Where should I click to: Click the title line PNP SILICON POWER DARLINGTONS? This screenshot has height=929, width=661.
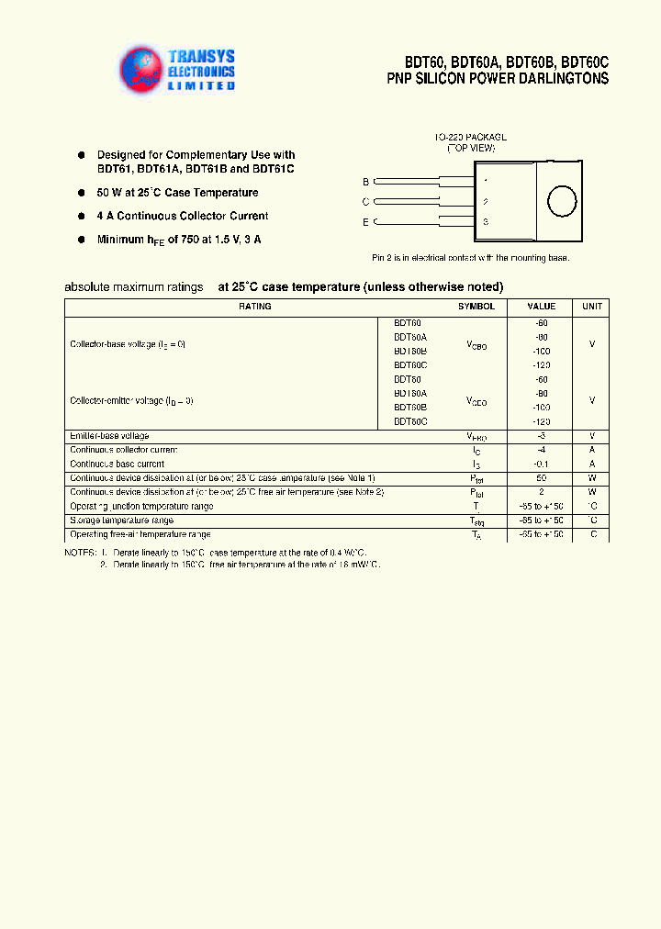[x=497, y=79]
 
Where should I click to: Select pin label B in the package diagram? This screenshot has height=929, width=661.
[x=365, y=182]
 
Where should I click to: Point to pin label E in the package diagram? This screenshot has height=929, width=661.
[x=365, y=222]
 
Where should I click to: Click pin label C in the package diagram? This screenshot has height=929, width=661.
[x=365, y=202]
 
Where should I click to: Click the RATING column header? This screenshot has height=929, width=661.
[x=254, y=307]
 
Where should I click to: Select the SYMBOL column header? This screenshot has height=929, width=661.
[x=476, y=307]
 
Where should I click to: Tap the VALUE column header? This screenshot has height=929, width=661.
[x=541, y=307]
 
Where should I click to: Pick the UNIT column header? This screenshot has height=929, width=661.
[x=592, y=307]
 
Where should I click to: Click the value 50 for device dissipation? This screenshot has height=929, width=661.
[x=541, y=478]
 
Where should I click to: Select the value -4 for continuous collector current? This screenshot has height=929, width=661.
[x=541, y=450]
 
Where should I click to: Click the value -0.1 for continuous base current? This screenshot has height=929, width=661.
[x=541, y=464]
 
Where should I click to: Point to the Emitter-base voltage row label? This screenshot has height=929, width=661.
[x=109, y=435]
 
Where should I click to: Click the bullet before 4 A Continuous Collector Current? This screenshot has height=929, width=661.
[x=81, y=216]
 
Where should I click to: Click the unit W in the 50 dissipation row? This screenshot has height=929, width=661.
[x=592, y=478]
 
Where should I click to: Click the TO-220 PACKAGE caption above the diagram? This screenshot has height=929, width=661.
[x=470, y=137]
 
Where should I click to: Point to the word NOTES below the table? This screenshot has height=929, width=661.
[x=80, y=553]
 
